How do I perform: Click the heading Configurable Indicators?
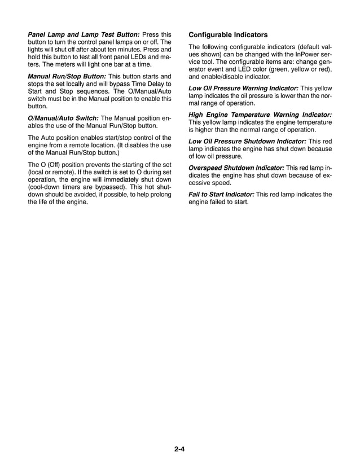coord(228,34)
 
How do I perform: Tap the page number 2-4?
coord(180,449)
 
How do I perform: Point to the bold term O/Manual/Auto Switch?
coord(63,118)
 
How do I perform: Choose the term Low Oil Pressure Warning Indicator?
coord(243,88)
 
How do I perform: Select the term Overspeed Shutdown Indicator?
coord(235,168)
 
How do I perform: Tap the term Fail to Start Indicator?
coord(221,195)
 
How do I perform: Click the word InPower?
coord(306,55)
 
